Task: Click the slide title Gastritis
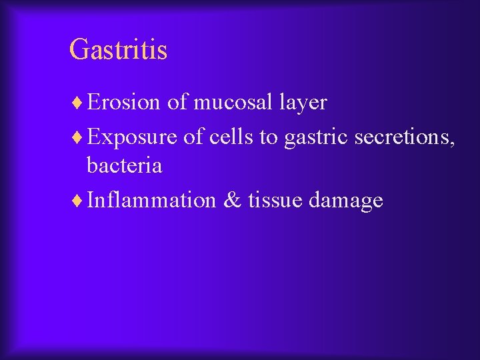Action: pos(118,50)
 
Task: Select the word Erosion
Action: pos(123,102)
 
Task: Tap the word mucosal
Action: pos(233,102)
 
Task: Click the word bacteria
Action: pos(124,165)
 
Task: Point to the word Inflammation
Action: pos(151,200)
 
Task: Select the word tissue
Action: pos(275,200)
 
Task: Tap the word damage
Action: pos(346,201)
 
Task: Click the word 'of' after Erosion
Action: pos(177,102)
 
